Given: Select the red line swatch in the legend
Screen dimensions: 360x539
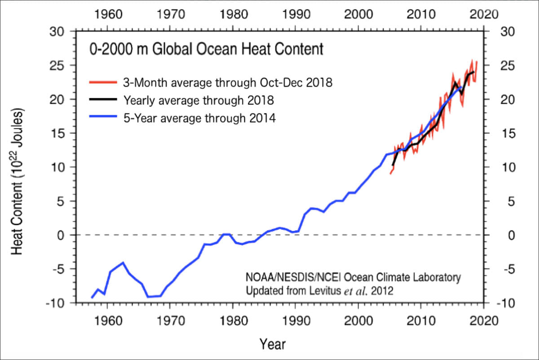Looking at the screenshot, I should pyautogui.click(x=103, y=83).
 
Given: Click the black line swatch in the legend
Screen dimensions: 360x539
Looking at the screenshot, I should pyautogui.click(x=103, y=100).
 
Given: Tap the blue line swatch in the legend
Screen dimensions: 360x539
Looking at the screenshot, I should pyautogui.click(x=103, y=118).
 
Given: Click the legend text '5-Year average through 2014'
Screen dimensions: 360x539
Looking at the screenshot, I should pyautogui.click(x=199, y=118).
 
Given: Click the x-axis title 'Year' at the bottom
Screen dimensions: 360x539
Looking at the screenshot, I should pyautogui.click(x=272, y=344).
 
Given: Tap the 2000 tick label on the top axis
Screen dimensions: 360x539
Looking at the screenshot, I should pyautogui.click(x=358, y=14).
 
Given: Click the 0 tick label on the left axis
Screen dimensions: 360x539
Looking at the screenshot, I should pyautogui.click(x=64, y=235).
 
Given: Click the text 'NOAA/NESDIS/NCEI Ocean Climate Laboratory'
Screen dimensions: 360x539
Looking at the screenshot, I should pyautogui.click(x=353, y=277).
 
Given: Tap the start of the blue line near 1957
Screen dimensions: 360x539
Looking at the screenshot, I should pyautogui.click(x=92, y=298).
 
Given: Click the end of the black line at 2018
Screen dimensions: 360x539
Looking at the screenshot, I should pyautogui.click(x=473, y=72).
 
